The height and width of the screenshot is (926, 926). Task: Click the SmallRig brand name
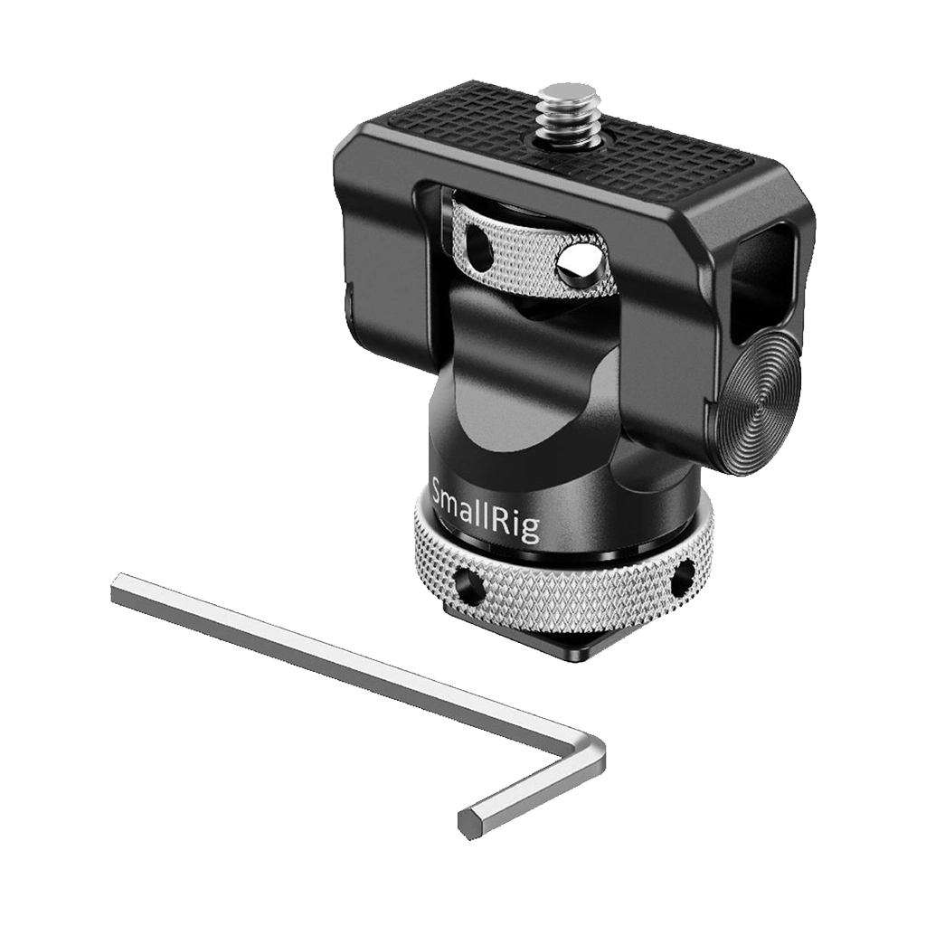pyautogui.click(x=486, y=510)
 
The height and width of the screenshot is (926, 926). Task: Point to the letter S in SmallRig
pyautogui.click(x=441, y=493)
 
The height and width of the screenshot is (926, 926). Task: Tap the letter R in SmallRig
pyautogui.click(x=509, y=517)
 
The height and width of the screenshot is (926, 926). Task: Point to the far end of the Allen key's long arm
pyautogui.click(x=117, y=587)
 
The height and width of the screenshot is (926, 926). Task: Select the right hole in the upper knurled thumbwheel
pyautogui.click(x=575, y=265)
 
